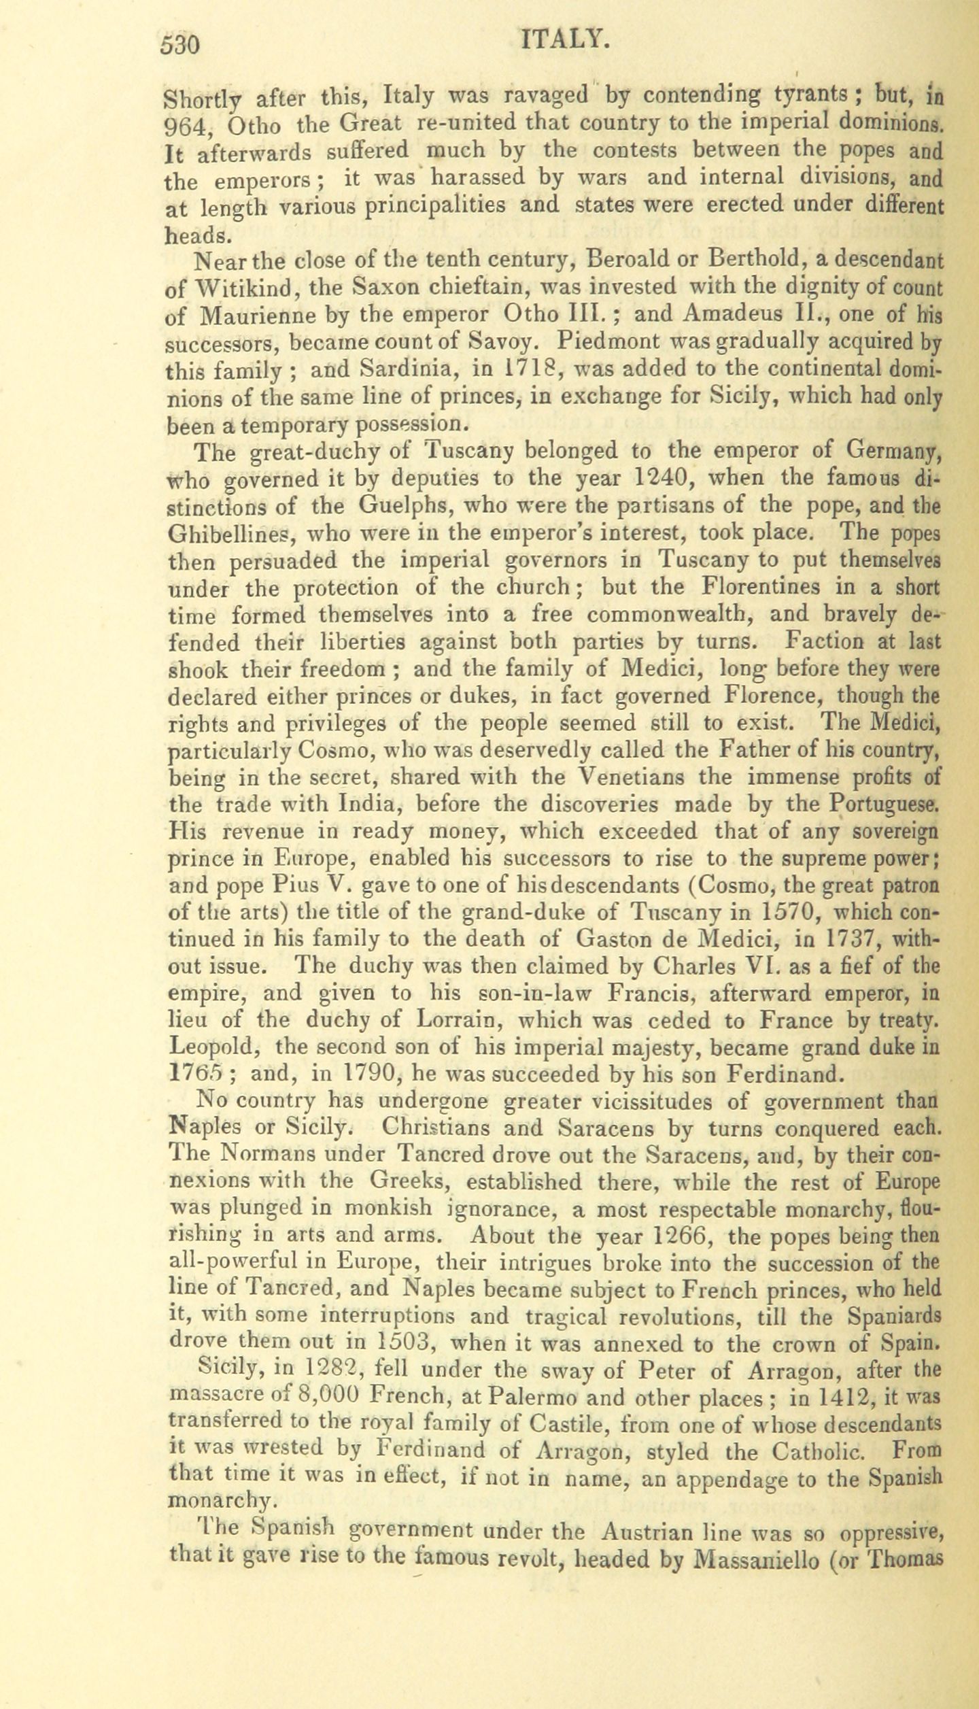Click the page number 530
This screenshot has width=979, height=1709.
pyautogui.click(x=181, y=46)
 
